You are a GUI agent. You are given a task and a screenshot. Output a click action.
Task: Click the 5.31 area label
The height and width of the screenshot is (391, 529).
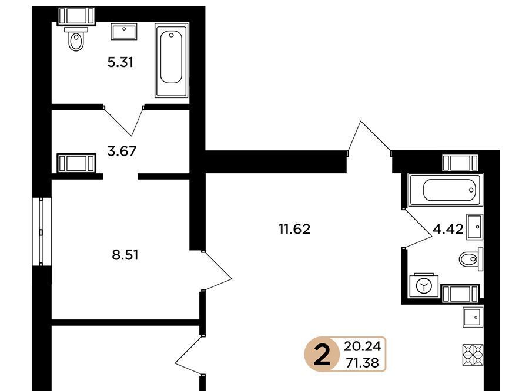(120, 62)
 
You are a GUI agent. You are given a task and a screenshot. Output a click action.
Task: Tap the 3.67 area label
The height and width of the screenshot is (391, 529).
(122, 151)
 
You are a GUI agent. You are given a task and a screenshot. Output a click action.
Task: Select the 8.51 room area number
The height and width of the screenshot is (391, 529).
(125, 255)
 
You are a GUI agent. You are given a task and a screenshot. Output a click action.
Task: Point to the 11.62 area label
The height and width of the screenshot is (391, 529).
(294, 229)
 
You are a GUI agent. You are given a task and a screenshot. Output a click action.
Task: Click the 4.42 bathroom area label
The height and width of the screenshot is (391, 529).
(448, 229)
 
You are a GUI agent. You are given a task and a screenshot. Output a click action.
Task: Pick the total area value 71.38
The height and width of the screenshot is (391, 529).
(362, 363)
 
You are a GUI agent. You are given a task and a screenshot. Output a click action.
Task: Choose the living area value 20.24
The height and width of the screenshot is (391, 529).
(362, 346)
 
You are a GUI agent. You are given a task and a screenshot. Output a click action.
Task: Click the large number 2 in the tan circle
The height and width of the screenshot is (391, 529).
(322, 355)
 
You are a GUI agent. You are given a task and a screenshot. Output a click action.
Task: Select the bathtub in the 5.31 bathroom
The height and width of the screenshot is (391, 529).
(172, 60)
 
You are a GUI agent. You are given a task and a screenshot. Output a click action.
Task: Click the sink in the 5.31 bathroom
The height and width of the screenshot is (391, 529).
(124, 31)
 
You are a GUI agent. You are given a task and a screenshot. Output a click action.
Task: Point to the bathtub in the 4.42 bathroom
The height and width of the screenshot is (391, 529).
(446, 190)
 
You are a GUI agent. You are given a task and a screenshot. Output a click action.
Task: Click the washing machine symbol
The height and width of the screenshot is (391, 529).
(424, 286)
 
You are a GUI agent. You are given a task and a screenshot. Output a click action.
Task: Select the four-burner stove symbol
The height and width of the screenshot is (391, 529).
(473, 355)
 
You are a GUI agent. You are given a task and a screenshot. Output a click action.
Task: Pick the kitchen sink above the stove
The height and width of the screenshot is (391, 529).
(473, 317)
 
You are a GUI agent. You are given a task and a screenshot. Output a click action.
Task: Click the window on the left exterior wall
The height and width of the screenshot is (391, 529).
(42, 231)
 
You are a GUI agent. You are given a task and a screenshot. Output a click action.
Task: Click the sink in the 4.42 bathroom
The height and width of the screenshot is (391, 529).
(475, 227)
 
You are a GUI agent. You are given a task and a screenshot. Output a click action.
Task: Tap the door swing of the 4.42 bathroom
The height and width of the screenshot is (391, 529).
(417, 228)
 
